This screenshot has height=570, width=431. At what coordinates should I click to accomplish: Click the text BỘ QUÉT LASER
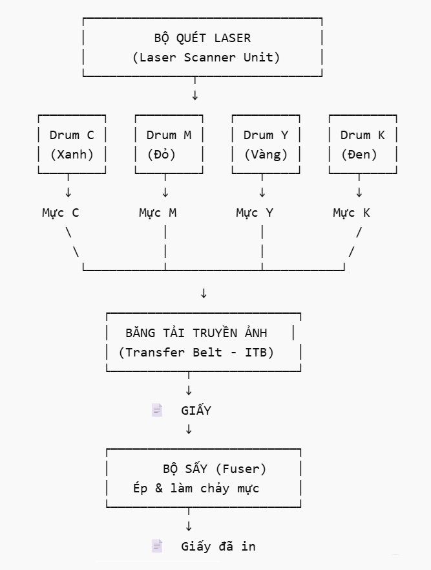click(202, 38)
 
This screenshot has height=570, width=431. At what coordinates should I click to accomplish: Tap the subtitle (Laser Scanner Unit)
click(206, 57)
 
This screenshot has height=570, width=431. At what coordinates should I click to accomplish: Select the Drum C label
click(72, 135)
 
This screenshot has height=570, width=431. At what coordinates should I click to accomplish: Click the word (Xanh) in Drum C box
click(72, 155)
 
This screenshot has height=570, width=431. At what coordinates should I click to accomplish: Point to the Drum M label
click(169, 135)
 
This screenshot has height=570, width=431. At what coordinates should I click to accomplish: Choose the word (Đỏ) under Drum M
click(162, 155)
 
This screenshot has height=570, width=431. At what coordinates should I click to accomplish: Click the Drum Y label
click(266, 135)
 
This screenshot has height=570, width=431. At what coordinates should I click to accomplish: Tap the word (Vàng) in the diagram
click(266, 155)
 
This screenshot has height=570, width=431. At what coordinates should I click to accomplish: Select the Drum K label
click(363, 135)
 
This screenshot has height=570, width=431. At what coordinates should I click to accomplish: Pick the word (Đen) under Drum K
click(359, 155)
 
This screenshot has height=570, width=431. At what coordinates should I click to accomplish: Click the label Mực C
click(61, 212)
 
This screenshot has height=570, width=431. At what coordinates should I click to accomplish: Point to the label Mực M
click(158, 212)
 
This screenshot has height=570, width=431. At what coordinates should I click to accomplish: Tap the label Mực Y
click(255, 212)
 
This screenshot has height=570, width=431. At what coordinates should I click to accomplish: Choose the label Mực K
click(352, 212)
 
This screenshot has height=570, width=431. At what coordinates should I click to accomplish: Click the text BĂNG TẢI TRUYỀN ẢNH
click(196, 333)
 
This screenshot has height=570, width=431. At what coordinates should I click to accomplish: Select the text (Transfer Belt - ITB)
click(196, 352)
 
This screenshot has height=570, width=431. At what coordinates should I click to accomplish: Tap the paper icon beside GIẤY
click(157, 410)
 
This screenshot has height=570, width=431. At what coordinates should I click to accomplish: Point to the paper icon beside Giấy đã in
click(157, 546)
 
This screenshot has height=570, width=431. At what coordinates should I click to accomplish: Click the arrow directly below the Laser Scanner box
click(195, 96)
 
